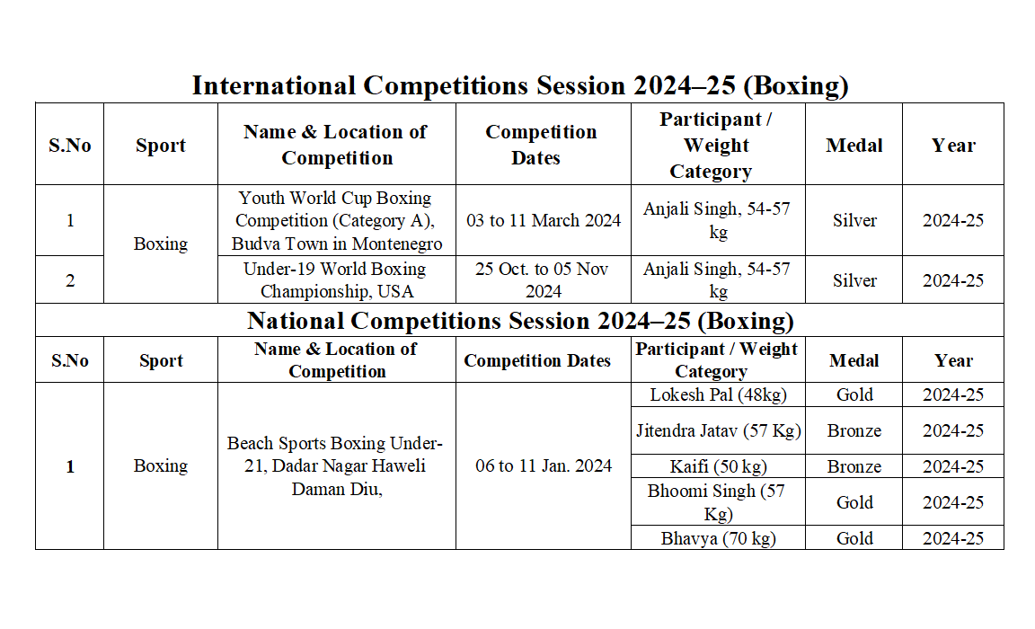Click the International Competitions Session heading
(x=519, y=85)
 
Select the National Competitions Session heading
(x=519, y=321)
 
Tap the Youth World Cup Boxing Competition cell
(x=336, y=220)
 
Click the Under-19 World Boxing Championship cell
(x=336, y=279)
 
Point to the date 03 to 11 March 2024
(x=543, y=220)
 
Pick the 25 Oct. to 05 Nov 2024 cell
(x=543, y=279)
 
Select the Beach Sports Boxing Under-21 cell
(x=336, y=466)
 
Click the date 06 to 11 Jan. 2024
(x=543, y=466)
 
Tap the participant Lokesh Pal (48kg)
(x=717, y=394)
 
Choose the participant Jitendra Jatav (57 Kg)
(x=717, y=430)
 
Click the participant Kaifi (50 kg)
(x=717, y=466)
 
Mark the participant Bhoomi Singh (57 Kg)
(x=717, y=502)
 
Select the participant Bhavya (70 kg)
(x=717, y=538)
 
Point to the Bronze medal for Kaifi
(x=854, y=466)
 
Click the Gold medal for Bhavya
(x=854, y=538)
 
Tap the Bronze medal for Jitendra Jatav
(x=854, y=430)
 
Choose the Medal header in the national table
(x=854, y=360)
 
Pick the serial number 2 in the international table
(x=70, y=280)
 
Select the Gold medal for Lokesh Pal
(x=854, y=394)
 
